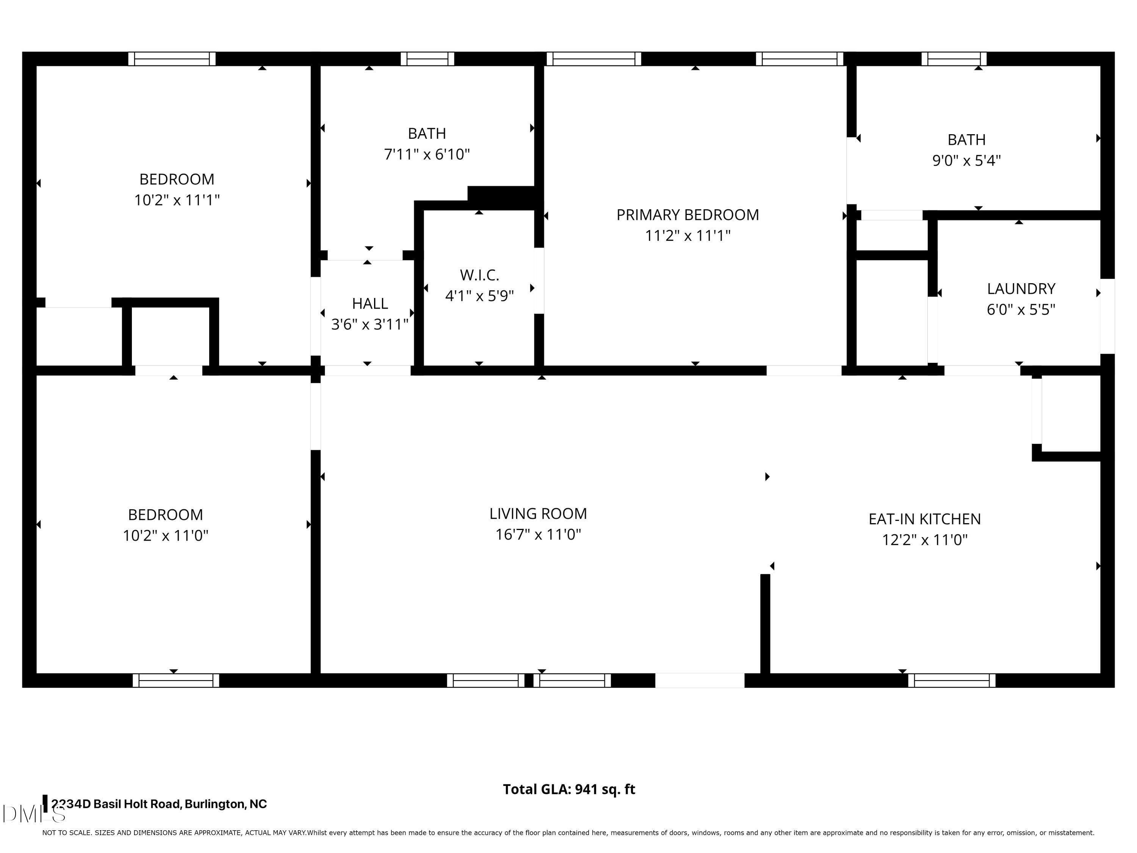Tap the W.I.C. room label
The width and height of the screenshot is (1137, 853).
tap(479, 275)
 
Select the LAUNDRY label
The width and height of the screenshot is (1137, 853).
tap(1021, 289)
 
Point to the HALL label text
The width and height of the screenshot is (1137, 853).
tap(370, 303)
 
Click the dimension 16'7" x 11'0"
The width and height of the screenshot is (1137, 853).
tap(538, 534)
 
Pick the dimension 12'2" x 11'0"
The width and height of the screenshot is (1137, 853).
tap(924, 539)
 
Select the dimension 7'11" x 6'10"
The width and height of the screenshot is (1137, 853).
tap(427, 154)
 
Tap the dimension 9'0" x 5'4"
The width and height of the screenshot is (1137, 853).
tap(966, 160)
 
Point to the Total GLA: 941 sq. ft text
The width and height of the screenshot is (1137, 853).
tap(568, 789)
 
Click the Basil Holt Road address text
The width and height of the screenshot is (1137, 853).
tap(159, 804)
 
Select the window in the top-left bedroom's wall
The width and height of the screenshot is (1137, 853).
tap(172, 59)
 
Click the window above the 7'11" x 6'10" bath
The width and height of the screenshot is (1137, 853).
tap(427, 59)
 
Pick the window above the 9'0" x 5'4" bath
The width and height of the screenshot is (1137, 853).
tap(954, 59)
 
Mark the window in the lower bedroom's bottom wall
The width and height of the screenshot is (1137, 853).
tap(176, 680)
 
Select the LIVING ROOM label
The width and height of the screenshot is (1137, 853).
tap(538, 513)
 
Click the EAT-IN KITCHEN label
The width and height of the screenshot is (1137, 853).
tap(924, 519)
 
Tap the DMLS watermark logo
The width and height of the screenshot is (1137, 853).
tap(33, 814)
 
